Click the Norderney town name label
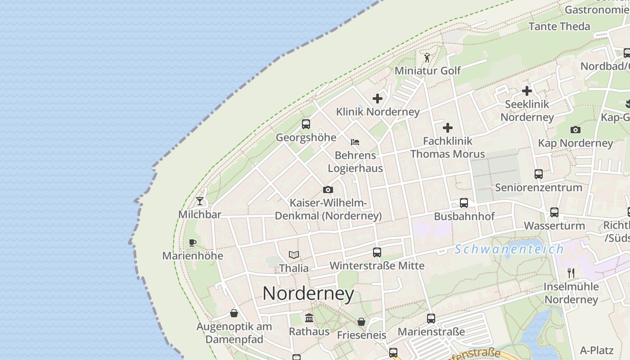click(x=308, y=294)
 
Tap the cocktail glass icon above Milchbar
click(x=200, y=201)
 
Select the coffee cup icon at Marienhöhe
click(x=193, y=243)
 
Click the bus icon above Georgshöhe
click(x=306, y=124)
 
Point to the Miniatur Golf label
click(x=427, y=71)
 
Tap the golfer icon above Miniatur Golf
click(x=427, y=58)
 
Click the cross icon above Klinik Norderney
click(x=378, y=99)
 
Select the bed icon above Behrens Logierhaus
click(x=355, y=142)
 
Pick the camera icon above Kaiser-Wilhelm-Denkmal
click(x=328, y=190)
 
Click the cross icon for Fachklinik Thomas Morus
click(x=448, y=128)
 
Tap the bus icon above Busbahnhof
click(x=464, y=203)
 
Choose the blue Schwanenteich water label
click(x=509, y=249)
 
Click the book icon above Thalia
click(x=294, y=255)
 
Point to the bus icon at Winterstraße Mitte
click(x=377, y=252)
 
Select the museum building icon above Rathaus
click(x=309, y=318)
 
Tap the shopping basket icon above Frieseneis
click(x=361, y=322)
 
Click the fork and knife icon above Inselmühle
click(x=571, y=273)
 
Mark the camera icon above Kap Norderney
click(x=575, y=130)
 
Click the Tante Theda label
click(x=559, y=27)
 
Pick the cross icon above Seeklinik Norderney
click(x=527, y=91)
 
